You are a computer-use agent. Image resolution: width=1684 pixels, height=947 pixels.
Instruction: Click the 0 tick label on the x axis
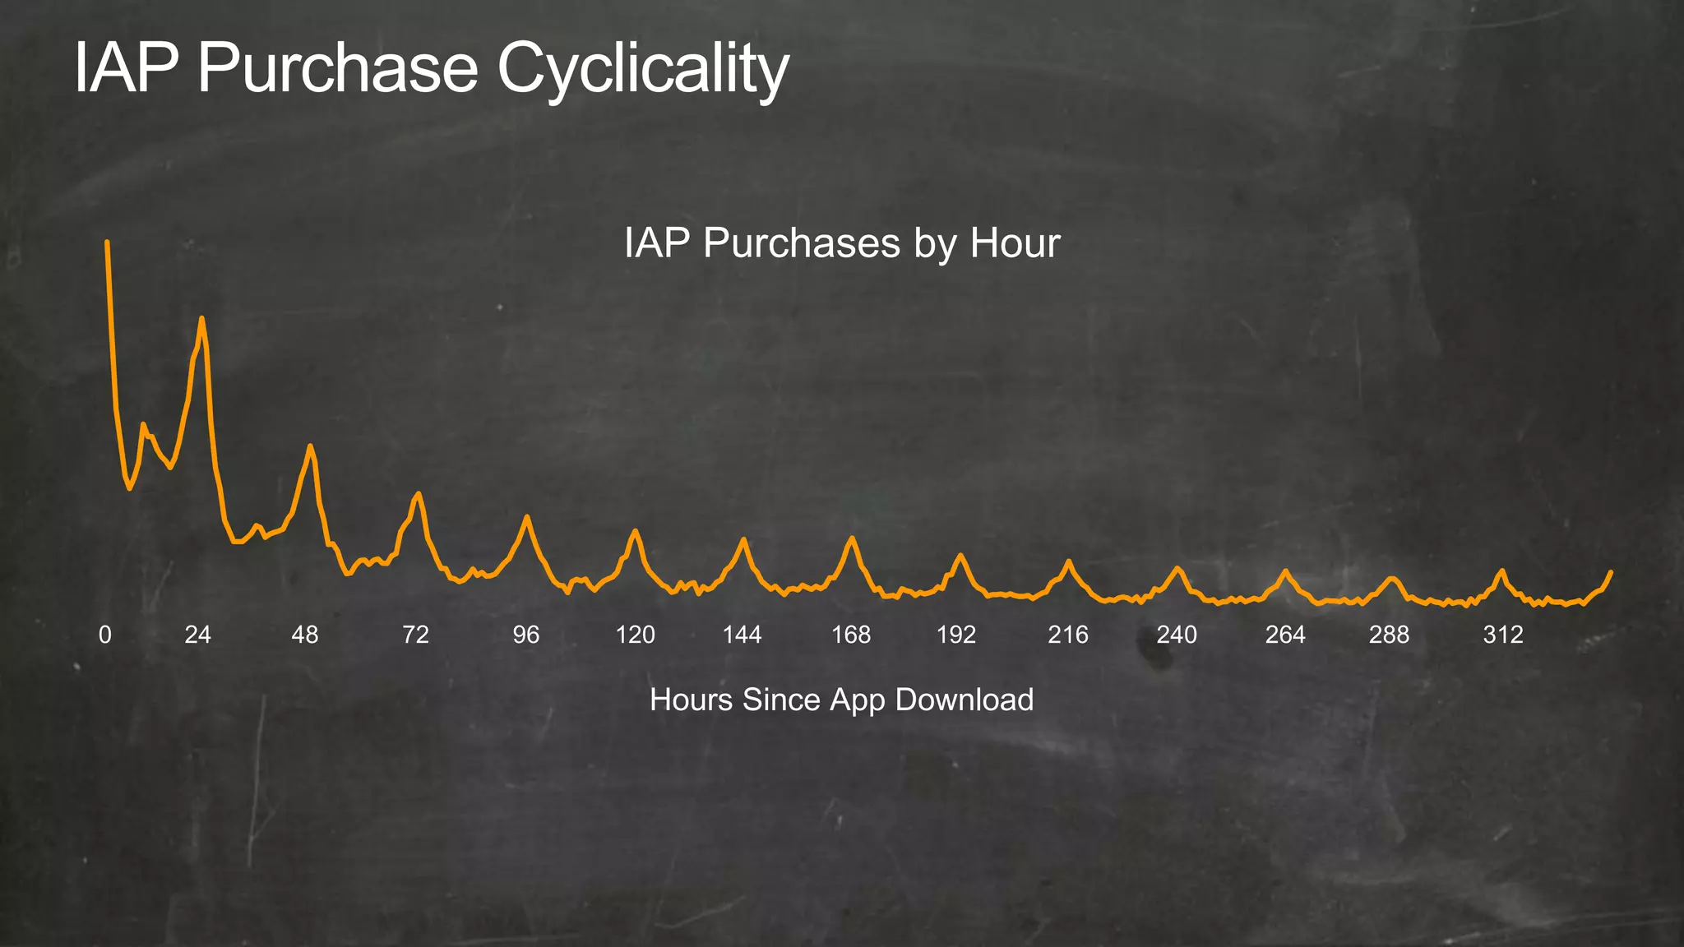point(105,635)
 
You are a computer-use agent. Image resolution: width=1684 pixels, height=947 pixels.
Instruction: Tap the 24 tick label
point(197,635)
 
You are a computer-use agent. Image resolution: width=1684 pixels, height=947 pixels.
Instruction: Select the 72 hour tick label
point(415,635)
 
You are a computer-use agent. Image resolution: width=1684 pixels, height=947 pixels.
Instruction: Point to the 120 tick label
point(636,635)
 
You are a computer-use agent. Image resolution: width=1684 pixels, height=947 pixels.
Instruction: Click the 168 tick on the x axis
point(851,635)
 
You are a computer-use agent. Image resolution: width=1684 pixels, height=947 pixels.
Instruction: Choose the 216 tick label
point(1068,635)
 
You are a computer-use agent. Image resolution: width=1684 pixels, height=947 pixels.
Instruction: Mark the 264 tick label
point(1285,635)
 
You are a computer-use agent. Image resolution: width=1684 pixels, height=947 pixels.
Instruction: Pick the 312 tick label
point(1503,635)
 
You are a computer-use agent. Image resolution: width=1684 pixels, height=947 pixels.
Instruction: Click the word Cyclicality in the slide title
point(643,69)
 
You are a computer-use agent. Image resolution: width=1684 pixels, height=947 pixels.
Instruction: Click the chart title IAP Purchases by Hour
point(842,243)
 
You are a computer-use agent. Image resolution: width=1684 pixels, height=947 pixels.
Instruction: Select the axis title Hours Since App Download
point(841,700)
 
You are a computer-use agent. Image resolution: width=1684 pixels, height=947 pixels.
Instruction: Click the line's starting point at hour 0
point(107,243)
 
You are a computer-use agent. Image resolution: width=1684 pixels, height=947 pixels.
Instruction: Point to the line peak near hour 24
point(201,318)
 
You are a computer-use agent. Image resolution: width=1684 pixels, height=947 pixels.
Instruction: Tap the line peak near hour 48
point(310,446)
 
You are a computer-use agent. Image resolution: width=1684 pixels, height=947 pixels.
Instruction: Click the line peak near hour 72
point(419,493)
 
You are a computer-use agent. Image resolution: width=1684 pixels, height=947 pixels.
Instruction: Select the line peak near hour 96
point(527,516)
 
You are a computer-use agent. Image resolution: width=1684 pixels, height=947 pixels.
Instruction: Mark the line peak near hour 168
point(852,538)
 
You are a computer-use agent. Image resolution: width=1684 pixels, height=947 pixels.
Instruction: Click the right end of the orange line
point(1611,571)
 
